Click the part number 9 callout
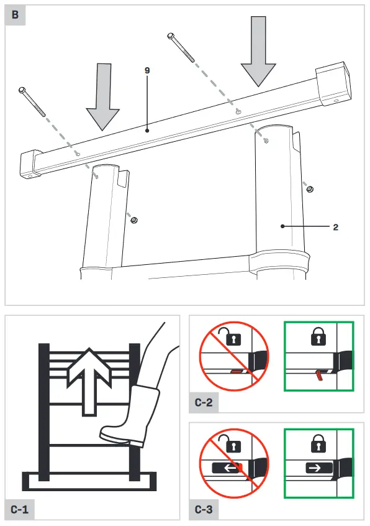147,71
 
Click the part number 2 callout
335,227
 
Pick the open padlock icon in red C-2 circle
233,338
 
